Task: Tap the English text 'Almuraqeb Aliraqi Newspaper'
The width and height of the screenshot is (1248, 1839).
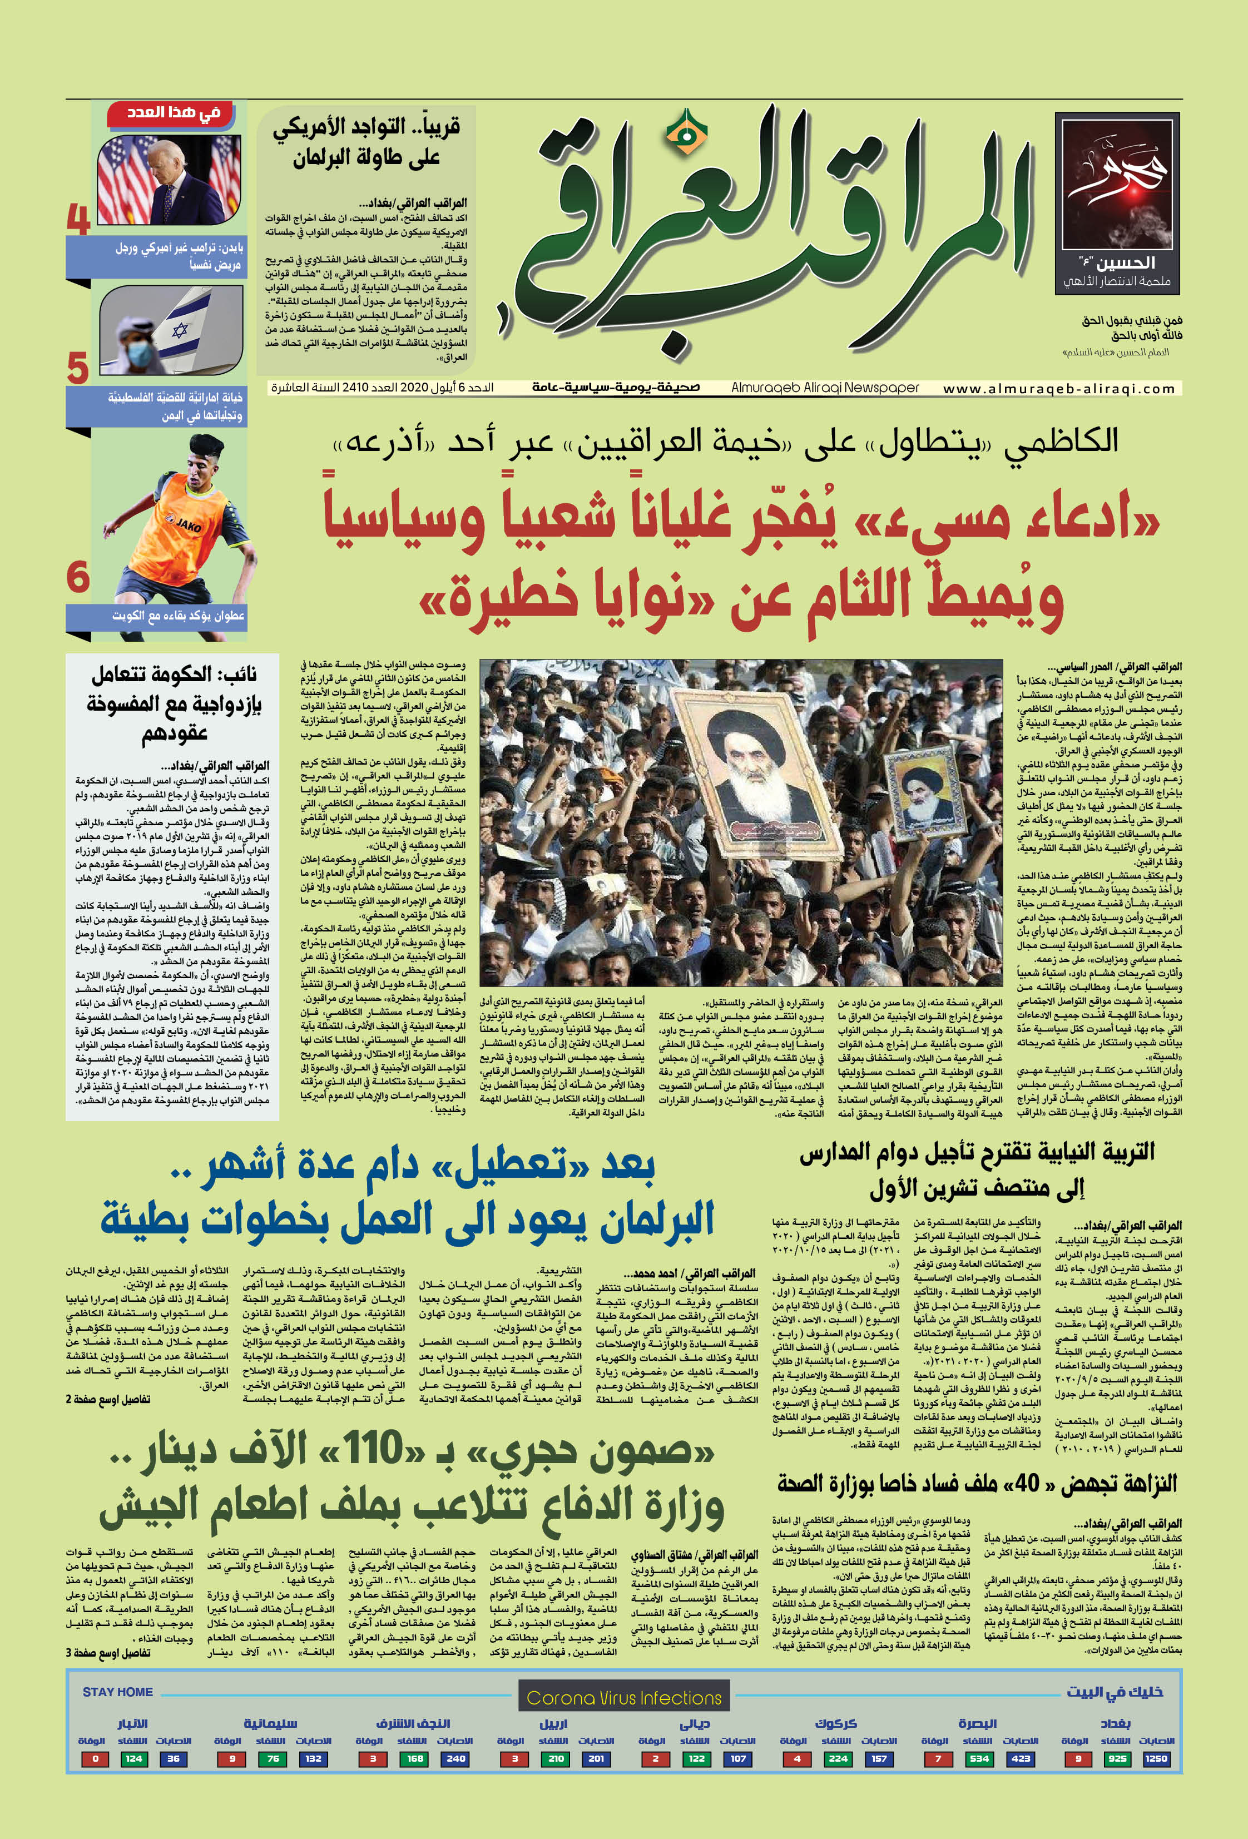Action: point(825,388)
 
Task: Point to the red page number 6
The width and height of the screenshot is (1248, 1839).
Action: point(77,576)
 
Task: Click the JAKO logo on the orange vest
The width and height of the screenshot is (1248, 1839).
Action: point(189,524)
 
